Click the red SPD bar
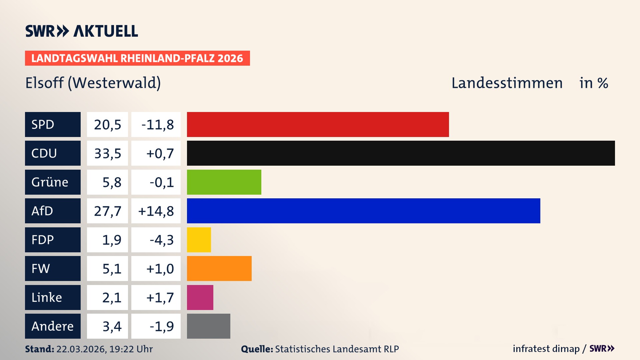click(x=318, y=124)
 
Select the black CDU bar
click(x=401, y=153)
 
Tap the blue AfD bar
click(x=363, y=211)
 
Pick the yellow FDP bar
click(x=199, y=240)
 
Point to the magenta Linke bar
click(x=200, y=297)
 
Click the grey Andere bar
click(x=208, y=326)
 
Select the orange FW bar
click(x=219, y=268)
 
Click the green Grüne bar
click(x=224, y=182)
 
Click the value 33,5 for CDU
click(x=107, y=153)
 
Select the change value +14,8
click(x=156, y=211)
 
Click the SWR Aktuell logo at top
click(x=82, y=31)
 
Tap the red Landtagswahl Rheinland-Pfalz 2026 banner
click(x=137, y=58)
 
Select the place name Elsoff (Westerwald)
click(x=93, y=83)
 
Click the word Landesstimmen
click(x=507, y=83)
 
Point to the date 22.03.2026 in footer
click(x=81, y=349)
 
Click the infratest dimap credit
click(x=546, y=349)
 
